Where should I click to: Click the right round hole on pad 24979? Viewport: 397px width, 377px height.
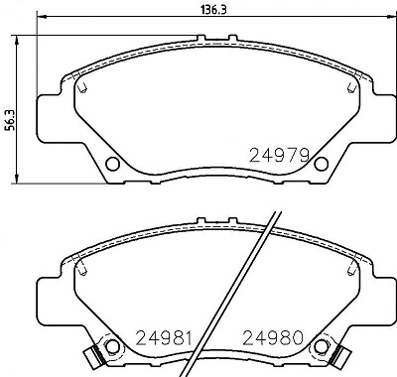[319, 163]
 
